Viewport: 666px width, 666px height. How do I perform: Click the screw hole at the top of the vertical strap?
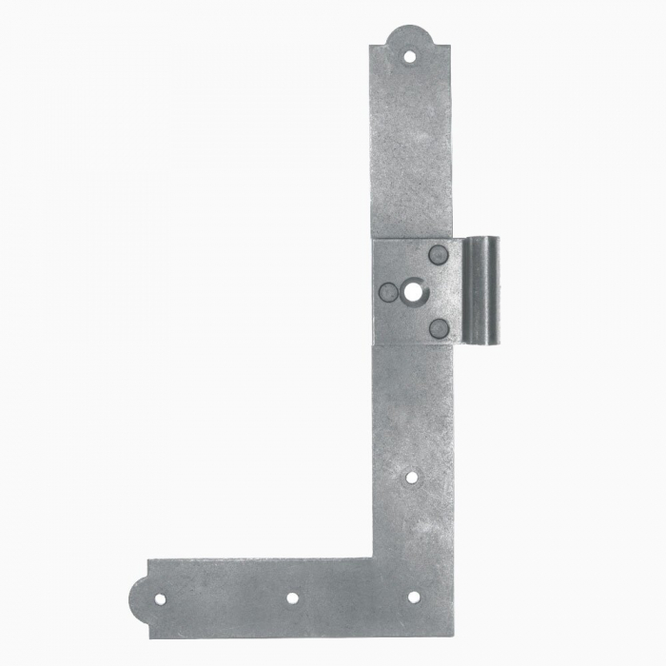pos(410,57)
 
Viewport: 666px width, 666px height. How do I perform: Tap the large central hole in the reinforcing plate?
pos(413,291)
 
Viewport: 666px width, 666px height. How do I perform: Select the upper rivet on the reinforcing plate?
pos(438,254)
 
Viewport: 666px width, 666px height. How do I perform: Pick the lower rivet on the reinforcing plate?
pos(438,328)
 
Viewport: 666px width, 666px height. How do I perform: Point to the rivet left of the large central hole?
pos(388,292)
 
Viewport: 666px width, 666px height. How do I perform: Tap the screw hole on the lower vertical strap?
pos(411,476)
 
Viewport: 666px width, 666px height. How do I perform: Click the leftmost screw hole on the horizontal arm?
pos(160,599)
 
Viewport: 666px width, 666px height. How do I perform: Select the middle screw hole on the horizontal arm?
pos(292,598)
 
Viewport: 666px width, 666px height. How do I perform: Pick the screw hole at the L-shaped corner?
pos(413,597)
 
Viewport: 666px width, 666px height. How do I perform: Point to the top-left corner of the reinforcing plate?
pos(374,239)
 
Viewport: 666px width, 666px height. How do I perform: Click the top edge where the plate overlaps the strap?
pos(413,238)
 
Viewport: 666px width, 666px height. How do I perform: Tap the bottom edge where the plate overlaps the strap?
pos(415,344)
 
